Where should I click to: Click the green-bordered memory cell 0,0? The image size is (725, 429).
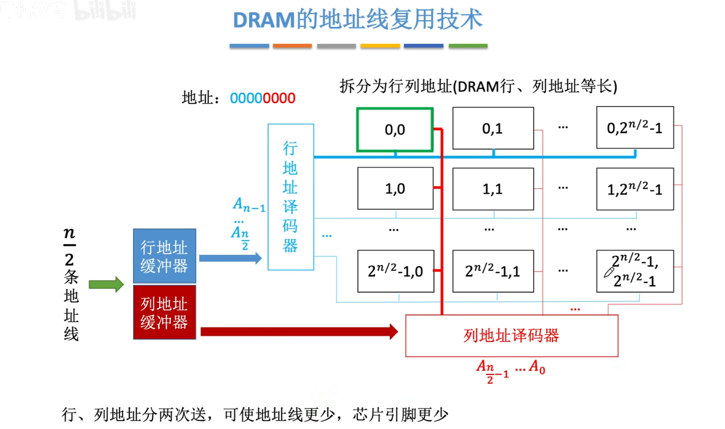[395, 129]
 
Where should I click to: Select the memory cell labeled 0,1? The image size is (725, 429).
[493, 128]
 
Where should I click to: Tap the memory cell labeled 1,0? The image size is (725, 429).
[395, 188]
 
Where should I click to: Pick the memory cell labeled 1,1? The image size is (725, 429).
[493, 188]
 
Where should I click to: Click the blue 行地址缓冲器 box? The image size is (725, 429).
[165, 256]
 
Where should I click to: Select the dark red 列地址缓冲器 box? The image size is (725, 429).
[165, 312]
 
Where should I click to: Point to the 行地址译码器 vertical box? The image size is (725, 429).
[290, 197]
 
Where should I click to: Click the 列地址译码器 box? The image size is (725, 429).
[512, 335]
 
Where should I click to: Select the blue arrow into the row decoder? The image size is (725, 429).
[230, 257]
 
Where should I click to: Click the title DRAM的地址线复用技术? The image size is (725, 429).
[358, 21]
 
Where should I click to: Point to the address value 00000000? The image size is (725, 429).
[263, 98]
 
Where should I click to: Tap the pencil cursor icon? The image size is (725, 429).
[609, 272]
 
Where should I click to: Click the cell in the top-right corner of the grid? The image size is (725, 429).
[635, 128]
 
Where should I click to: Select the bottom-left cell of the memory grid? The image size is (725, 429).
[395, 271]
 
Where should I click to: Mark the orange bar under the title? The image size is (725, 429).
[292, 46]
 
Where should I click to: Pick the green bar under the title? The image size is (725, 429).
[468, 46]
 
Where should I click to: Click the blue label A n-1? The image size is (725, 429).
[248, 205]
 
